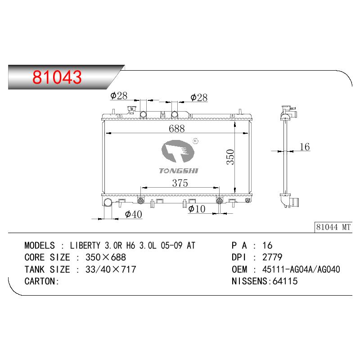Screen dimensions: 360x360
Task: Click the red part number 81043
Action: point(57,77)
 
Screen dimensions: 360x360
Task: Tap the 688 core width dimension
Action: point(176,129)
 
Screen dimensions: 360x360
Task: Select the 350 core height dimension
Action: point(230,157)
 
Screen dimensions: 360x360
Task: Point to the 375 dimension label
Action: point(180,183)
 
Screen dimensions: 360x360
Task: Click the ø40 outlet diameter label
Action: point(133,214)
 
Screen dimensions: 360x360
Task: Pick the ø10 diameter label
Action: point(197,209)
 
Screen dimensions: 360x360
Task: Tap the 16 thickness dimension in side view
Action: point(305,147)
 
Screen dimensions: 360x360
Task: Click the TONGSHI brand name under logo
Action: point(179,171)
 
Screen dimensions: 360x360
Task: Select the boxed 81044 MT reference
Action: point(333,227)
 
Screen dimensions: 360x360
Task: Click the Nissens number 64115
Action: point(285,281)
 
